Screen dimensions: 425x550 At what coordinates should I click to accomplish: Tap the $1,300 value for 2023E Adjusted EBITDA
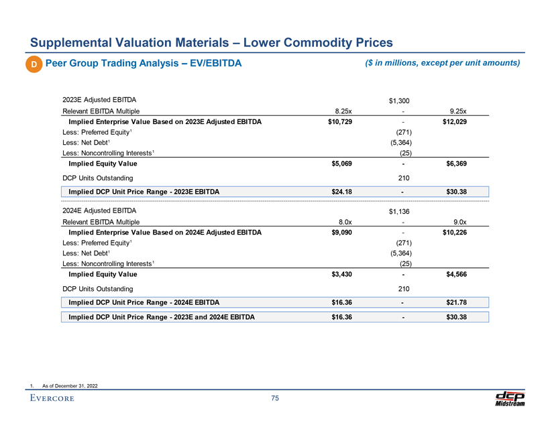[400, 101]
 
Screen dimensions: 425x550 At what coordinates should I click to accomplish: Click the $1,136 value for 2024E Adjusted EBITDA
[400, 212]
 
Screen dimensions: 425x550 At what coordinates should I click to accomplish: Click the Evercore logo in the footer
[52, 400]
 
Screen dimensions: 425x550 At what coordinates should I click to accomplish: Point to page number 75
[275, 400]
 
